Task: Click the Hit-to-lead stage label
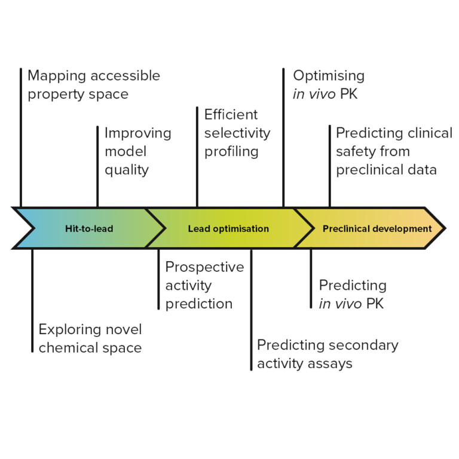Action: click(x=89, y=228)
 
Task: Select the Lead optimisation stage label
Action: click(x=228, y=228)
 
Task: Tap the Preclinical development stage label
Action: click(x=377, y=228)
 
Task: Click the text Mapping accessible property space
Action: click(x=93, y=85)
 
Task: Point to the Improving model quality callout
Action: click(x=138, y=151)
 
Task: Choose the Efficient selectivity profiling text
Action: click(x=237, y=133)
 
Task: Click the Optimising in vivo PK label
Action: click(x=328, y=85)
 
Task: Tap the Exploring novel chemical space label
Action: click(x=90, y=338)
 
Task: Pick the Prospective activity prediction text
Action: click(x=204, y=285)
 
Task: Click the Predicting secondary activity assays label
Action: click(x=328, y=354)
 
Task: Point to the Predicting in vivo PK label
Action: click(x=352, y=294)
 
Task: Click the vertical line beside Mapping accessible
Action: click(x=21, y=137)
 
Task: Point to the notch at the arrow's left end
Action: click(x=33, y=228)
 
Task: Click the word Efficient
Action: click(x=231, y=114)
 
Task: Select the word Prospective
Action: click(x=204, y=267)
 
